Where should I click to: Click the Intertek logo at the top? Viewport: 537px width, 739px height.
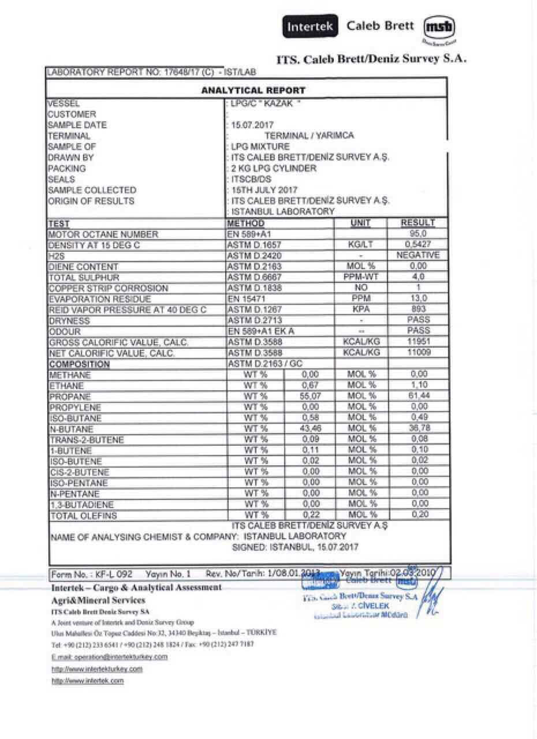tap(310, 27)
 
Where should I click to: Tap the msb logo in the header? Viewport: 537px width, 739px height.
tap(439, 27)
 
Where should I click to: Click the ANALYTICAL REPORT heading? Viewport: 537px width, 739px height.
tap(253, 90)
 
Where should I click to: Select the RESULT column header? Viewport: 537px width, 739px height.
tap(418, 223)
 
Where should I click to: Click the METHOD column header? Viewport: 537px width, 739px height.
tap(246, 223)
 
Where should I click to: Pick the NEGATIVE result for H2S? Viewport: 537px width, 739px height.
tap(418, 255)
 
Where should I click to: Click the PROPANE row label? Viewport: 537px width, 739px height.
tap(70, 397)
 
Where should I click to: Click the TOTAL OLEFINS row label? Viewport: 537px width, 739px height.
tap(84, 516)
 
